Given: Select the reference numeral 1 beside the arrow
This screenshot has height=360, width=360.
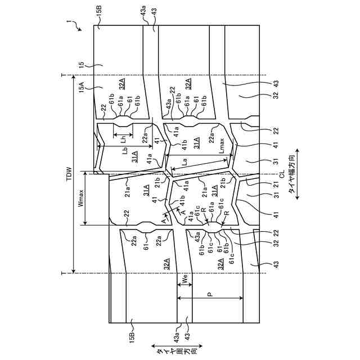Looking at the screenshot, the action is [68, 23].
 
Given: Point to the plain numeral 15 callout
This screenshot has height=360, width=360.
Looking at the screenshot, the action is [82, 65].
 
